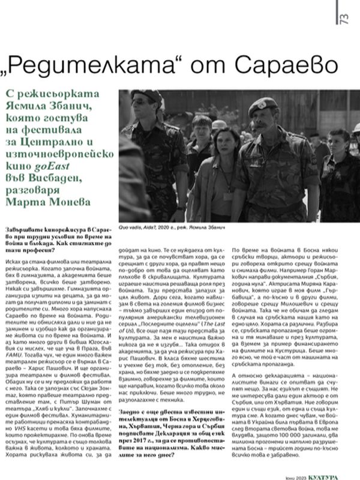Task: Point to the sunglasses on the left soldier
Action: (146, 109)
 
